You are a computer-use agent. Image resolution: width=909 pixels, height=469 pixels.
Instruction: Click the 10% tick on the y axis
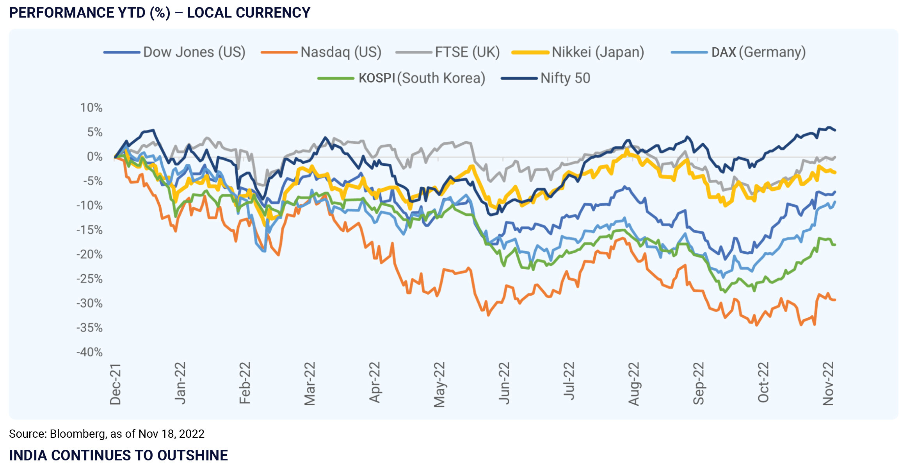tap(91, 108)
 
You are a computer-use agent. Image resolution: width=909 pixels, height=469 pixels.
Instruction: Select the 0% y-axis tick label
tap(94, 157)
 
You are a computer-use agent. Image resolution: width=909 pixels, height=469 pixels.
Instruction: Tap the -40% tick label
tap(89, 352)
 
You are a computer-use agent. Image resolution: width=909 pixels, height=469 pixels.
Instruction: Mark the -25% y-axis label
tap(89, 279)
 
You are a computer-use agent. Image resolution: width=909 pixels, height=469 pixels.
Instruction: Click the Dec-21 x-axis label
tap(116, 384)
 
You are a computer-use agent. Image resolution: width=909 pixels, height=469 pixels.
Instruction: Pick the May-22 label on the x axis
tap(439, 384)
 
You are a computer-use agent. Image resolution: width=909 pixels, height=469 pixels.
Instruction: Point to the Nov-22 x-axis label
tap(828, 384)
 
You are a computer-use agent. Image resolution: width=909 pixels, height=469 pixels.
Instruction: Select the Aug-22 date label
tap(634, 384)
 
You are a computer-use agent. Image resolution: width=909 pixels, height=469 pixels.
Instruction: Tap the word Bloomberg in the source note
tap(77, 434)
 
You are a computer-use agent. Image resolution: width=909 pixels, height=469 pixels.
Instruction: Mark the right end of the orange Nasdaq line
tap(835, 300)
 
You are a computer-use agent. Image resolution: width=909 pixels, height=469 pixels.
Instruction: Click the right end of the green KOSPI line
tap(835, 245)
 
